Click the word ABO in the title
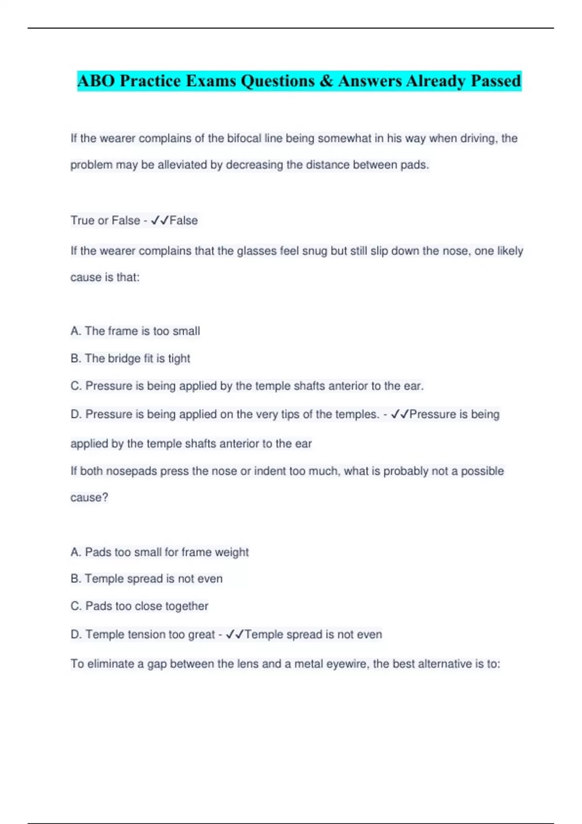coord(96,81)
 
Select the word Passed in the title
coord(495,81)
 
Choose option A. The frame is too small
coord(135,331)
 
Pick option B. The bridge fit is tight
coord(130,359)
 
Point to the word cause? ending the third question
coord(89,498)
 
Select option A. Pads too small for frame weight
coord(160,552)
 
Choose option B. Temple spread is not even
coord(146,579)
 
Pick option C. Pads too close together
coord(140,606)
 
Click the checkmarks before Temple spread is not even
coord(235,634)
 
